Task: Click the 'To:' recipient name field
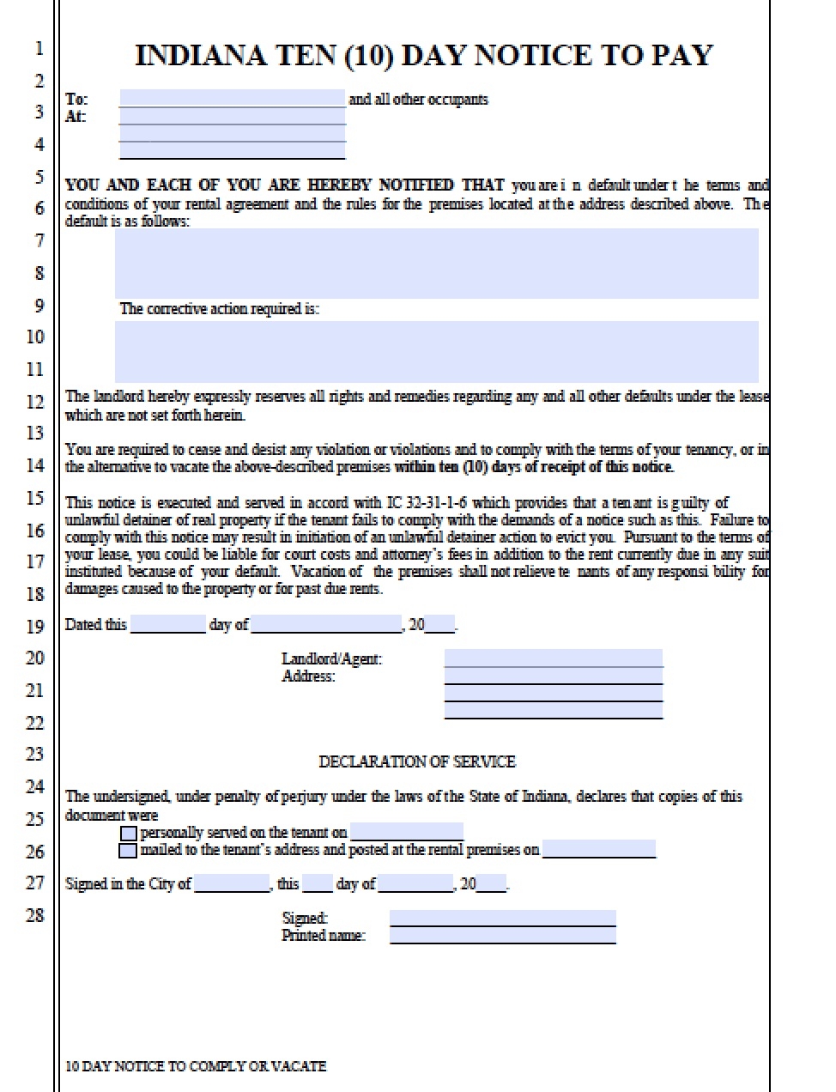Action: tap(232, 98)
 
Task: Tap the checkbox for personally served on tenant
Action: tap(128, 834)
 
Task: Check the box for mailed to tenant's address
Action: tap(128, 851)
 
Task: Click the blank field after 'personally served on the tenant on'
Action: tap(407, 832)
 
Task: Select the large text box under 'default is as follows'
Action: tap(436, 263)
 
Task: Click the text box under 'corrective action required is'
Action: tap(436, 351)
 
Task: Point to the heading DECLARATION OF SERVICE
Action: tap(417, 761)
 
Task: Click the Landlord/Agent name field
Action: tap(553, 658)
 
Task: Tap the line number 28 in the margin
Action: tap(34, 915)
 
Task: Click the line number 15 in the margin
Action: tap(34, 498)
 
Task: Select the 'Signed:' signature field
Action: tap(502, 918)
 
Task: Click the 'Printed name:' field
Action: tap(502, 936)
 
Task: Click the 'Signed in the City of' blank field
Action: tap(232, 883)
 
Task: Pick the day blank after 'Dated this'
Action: tap(167, 624)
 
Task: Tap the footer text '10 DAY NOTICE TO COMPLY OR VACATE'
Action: tap(196, 1066)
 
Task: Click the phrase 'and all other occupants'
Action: tap(418, 100)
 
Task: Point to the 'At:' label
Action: tap(76, 117)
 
